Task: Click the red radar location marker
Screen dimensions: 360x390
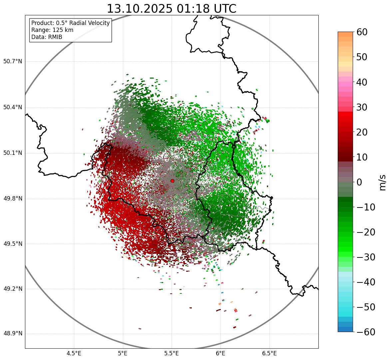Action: (172, 181)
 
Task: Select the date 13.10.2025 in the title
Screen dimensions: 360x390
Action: (140, 9)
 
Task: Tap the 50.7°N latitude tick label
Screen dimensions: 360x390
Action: (13, 62)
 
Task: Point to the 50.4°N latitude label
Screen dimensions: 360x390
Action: (13, 108)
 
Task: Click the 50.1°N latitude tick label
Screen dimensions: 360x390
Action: (13, 153)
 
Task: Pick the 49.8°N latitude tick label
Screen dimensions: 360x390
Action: (13, 199)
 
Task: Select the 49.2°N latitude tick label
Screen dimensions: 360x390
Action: (13, 289)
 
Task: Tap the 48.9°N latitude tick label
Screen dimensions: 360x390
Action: (13, 334)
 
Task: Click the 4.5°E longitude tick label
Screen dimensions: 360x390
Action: (74, 353)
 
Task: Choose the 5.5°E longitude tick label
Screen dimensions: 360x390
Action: (172, 353)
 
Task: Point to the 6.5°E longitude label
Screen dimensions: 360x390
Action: (269, 353)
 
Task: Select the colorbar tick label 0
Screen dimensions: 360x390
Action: (359, 182)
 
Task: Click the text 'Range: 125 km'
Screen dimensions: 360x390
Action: (52, 30)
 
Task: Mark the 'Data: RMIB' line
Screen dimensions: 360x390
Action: (47, 37)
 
